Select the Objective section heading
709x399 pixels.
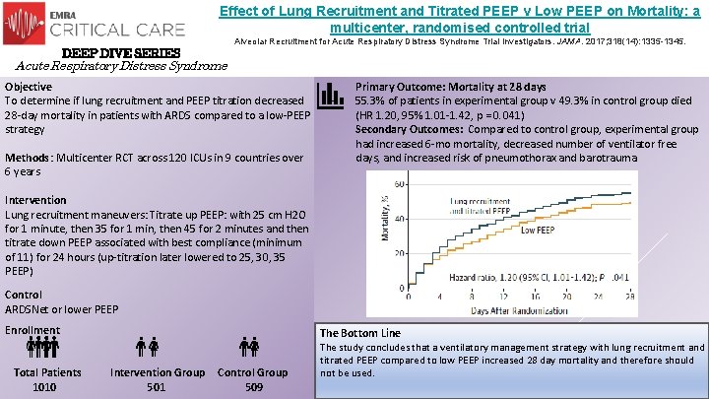pyautogui.click(x=31, y=87)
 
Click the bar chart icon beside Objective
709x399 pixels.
pyautogui.click(x=329, y=95)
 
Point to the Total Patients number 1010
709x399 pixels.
pyautogui.click(x=44, y=387)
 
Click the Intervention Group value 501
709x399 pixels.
pyautogui.click(x=156, y=387)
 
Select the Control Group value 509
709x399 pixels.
pyautogui.click(x=252, y=387)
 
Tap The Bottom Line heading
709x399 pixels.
pyautogui.click(x=359, y=333)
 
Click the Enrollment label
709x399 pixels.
pyautogui.click(x=32, y=330)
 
